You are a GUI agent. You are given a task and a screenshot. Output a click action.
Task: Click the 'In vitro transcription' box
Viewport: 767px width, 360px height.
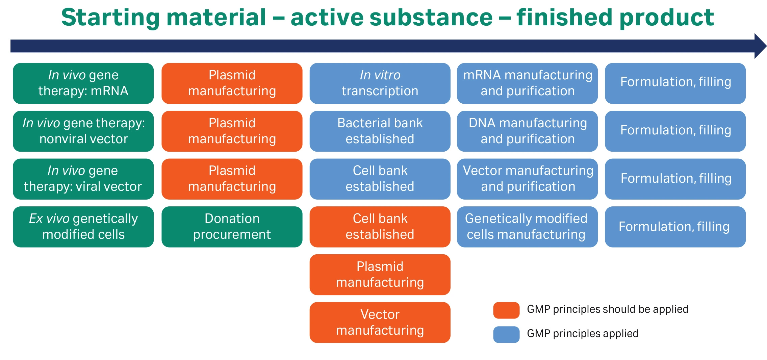tap(380, 83)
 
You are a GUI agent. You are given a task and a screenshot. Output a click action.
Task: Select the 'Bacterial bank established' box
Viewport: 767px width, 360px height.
tap(380, 131)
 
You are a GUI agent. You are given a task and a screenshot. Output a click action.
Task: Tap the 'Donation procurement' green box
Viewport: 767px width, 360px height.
tap(232, 227)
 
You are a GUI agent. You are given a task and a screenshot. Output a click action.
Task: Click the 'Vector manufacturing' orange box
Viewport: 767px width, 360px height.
tap(380, 322)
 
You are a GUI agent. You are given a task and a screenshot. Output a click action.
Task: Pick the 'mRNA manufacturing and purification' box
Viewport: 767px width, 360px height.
tap(527, 83)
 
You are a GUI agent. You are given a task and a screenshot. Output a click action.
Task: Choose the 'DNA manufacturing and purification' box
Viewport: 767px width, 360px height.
tap(527, 131)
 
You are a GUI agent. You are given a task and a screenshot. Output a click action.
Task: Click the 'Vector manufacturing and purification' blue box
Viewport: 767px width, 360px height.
tap(527, 179)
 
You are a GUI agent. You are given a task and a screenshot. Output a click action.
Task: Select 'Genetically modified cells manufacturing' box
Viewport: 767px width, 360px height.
tap(527, 227)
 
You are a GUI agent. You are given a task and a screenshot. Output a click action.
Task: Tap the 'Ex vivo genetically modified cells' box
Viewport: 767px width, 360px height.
tap(83, 227)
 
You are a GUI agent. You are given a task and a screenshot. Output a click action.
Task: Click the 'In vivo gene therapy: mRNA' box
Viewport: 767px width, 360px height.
tap(83, 83)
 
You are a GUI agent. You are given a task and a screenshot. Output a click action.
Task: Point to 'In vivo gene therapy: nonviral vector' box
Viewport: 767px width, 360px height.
tap(83, 131)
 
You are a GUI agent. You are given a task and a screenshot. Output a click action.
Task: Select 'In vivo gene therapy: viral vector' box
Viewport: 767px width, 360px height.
tap(83, 179)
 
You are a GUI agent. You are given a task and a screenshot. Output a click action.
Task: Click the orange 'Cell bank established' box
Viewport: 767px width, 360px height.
tap(380, 227)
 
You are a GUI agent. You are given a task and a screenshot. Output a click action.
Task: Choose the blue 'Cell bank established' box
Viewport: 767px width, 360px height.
tap(380, 179)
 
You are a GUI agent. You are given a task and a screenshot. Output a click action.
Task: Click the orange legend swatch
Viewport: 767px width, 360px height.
tap(506, 310)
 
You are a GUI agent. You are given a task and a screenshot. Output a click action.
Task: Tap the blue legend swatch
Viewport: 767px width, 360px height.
tap(506, 334)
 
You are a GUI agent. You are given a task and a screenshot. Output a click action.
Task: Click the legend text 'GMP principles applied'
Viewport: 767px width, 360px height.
tap(582, 334)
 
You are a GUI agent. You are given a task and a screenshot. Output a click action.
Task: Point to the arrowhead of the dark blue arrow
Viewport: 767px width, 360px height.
tap(760, 46)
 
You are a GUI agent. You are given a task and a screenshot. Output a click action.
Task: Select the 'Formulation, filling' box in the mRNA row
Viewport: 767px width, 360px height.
tap(675, 83)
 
